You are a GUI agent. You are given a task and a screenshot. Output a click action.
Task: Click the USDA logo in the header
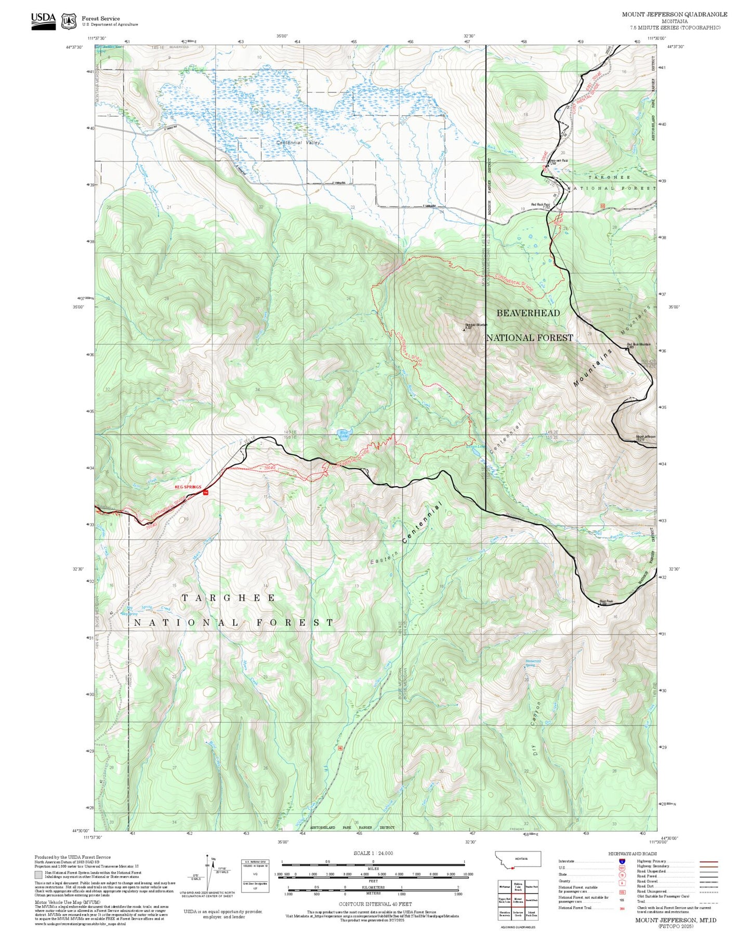click(x=43, y=20)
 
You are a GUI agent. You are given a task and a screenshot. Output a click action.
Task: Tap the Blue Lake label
click(x=344, y=434)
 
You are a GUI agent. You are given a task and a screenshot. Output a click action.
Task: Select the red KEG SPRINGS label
click(x=188, y=487)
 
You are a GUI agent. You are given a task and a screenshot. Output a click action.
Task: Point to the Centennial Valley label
click(x=298, y=143)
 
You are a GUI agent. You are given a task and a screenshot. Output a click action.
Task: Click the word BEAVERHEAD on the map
click(x=528, y=313)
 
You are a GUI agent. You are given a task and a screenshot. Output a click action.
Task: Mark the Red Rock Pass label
click(x=540, y=205)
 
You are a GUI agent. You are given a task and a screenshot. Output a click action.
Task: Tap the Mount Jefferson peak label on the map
click(x=645, y=437)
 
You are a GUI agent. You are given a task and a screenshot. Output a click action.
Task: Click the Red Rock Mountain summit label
click(x=638, y=345)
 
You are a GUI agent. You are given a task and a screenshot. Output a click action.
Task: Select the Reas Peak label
click(x=606, y=602)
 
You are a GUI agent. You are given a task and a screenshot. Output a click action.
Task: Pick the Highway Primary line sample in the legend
click(x=709, y=861)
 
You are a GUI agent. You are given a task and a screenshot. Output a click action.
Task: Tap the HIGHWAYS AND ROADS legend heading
click(x=632, y=854)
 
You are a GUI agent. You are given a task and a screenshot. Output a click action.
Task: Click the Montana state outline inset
click(x=518, y=859)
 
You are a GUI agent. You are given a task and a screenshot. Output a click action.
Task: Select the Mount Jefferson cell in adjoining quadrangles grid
click(x=518, y=900)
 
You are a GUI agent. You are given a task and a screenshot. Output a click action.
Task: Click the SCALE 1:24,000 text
click(x=373, y=853)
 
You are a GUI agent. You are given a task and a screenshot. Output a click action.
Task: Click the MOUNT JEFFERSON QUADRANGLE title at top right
click(x=674, y=14)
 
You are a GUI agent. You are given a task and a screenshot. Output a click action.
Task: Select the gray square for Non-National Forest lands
click(x=39, y=875)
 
